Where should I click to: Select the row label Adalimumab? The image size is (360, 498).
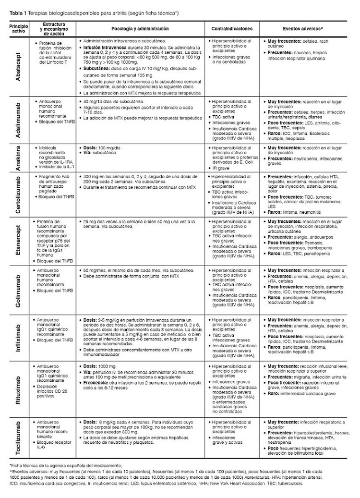coord(17,120)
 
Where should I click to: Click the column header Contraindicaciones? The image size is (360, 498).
coord(232,29)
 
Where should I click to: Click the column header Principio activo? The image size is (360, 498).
coord(17,29)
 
